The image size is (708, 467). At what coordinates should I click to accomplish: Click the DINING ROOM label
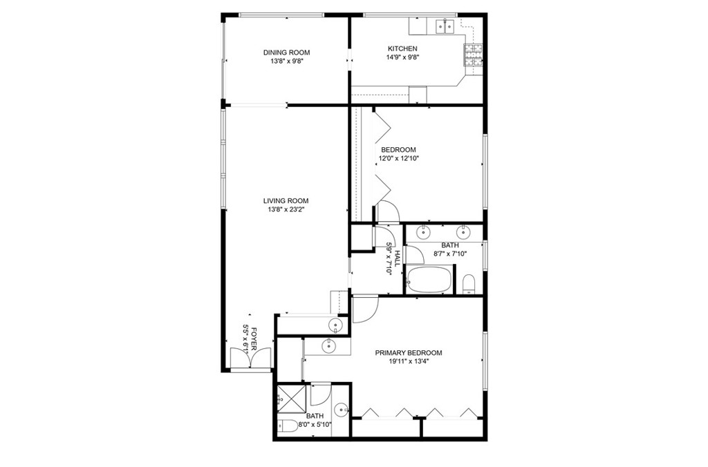click(286, 53)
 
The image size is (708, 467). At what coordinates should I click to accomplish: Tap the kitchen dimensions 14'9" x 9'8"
click(403, 57)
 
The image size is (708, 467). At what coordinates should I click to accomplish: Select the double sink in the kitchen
click(445, 27)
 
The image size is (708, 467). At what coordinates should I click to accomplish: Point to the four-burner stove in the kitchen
click(473, 55)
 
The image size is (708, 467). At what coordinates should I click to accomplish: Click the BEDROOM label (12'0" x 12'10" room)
click(398, 150)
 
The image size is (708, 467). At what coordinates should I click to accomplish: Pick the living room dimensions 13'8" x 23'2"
click(286, 209)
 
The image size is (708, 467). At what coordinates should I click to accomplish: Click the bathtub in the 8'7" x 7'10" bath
click(429, 280)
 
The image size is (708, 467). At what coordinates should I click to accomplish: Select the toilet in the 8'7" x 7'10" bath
click(469, 284)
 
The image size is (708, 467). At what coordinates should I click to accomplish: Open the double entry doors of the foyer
click(250, 358)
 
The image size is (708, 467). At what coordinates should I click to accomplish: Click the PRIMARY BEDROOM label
click(408, 353)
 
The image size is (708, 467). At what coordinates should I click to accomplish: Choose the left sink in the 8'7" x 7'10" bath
click(423, 232)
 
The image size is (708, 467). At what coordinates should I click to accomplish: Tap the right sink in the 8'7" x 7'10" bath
click(464, 232)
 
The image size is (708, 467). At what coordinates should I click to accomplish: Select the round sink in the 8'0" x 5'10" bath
click(342, 410)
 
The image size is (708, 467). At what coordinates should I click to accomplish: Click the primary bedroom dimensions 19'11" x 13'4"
click(408, 361)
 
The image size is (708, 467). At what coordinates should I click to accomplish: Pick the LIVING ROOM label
click(286, 201)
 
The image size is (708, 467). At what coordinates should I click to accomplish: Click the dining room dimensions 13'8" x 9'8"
click(286, 61)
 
